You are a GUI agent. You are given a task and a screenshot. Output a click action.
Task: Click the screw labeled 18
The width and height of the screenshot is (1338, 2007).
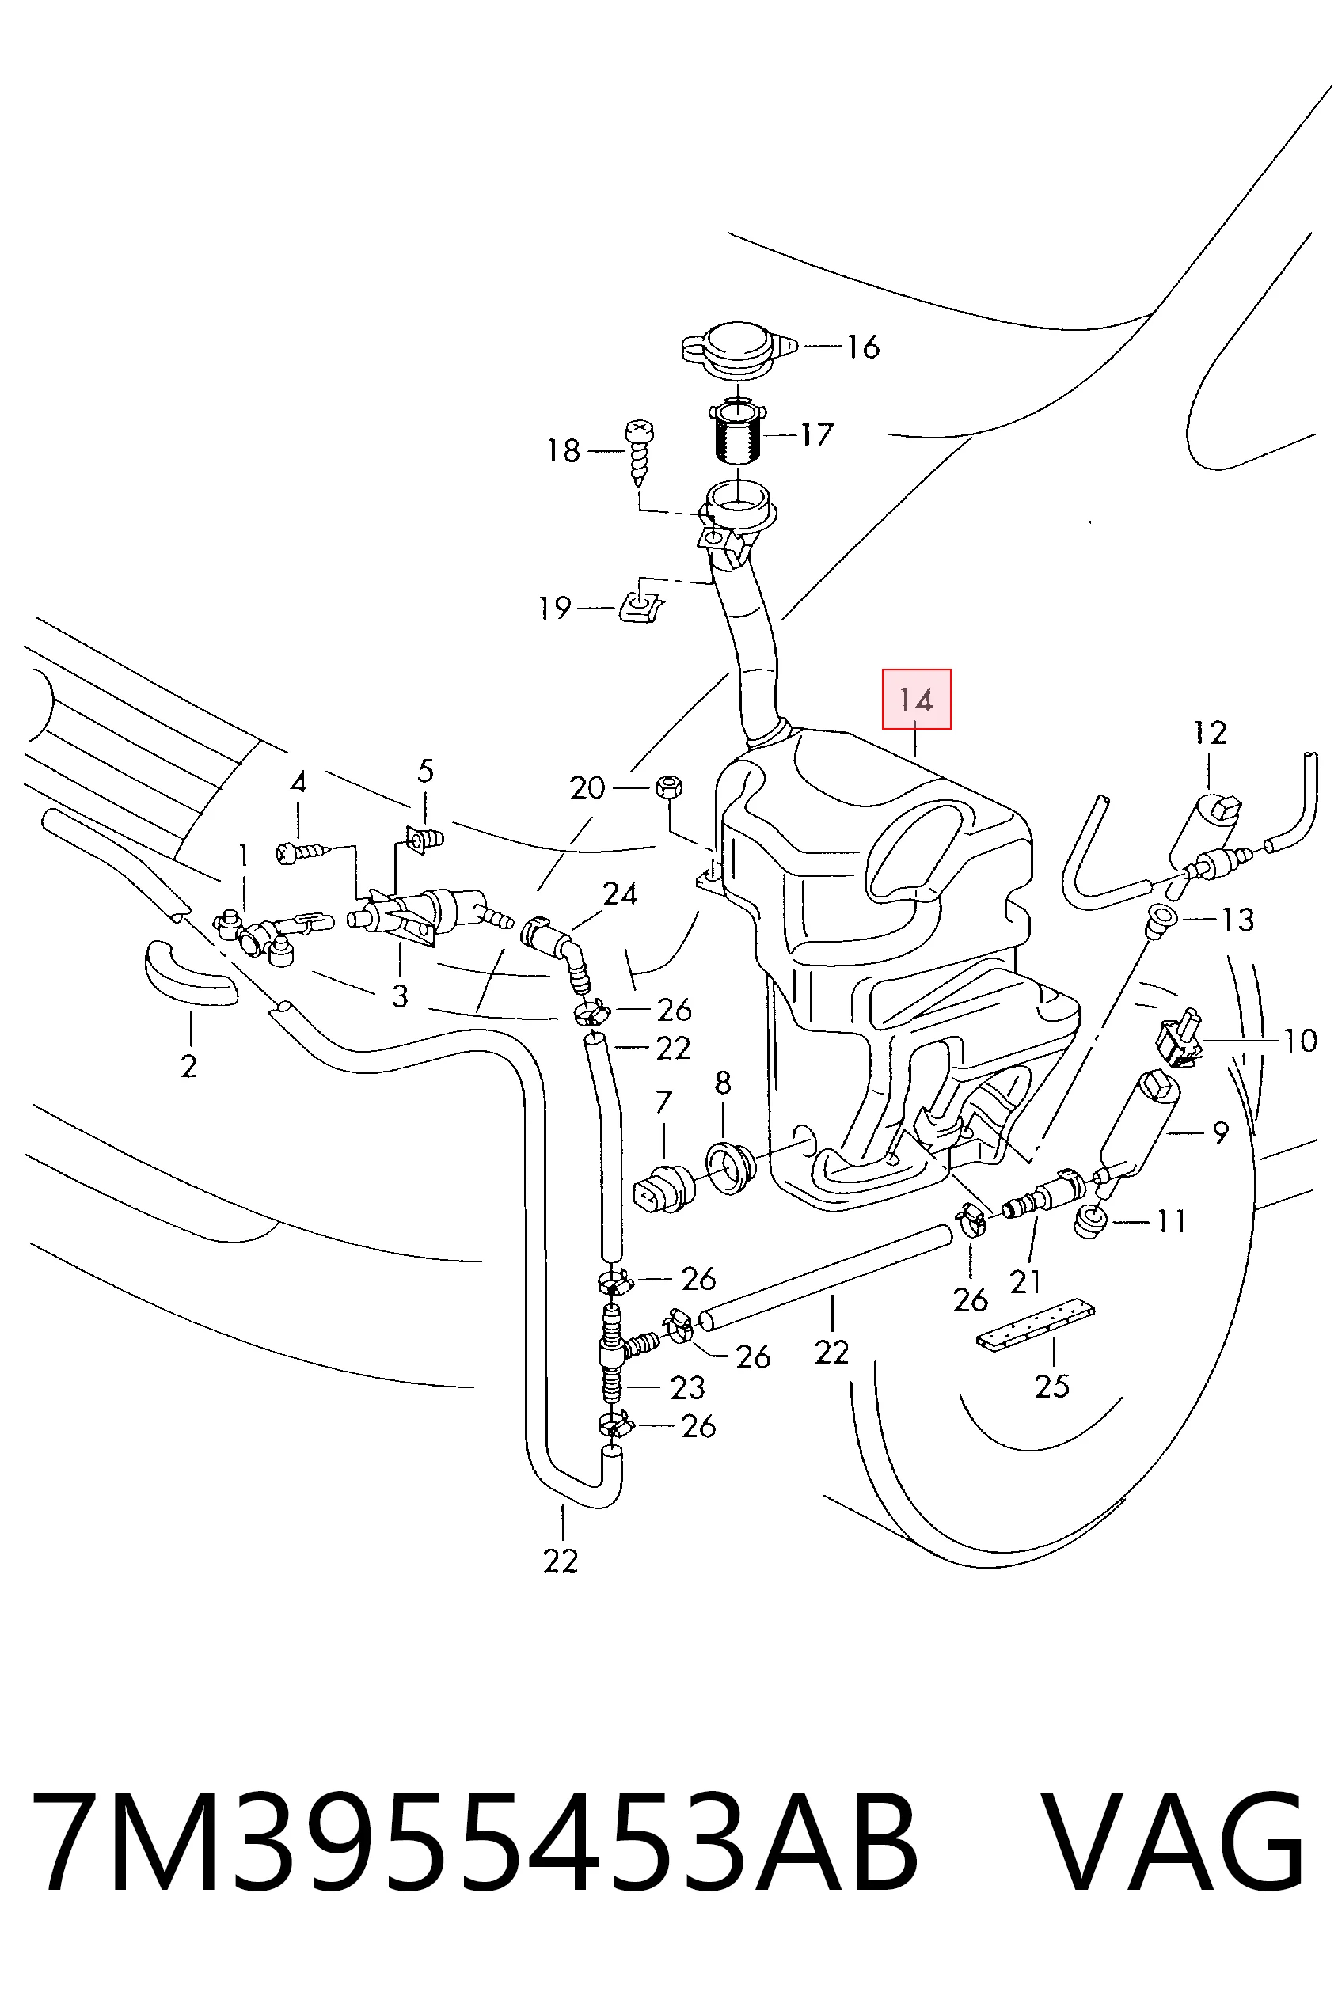[x=637, y=451]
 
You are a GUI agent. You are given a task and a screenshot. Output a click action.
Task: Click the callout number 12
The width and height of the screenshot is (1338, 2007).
[x=1210, y=733]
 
